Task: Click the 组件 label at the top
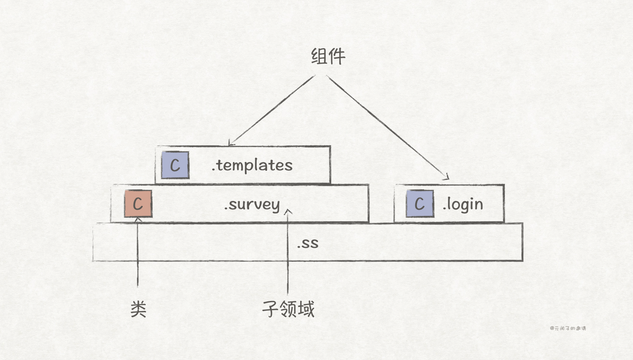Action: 328,57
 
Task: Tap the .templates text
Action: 252,165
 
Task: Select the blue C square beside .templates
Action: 175,165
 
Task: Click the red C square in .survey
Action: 138,204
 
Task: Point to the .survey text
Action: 252,205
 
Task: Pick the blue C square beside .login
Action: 419,204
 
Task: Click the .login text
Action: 463,205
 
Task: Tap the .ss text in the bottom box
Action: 308,243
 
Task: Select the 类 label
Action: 138,309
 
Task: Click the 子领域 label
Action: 288,309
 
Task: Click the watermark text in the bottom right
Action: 568,328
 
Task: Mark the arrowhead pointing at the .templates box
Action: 231,144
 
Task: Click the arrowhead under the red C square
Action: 138,219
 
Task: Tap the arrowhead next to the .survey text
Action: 288,211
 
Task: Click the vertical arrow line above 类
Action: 138,255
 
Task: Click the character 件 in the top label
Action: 337,57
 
